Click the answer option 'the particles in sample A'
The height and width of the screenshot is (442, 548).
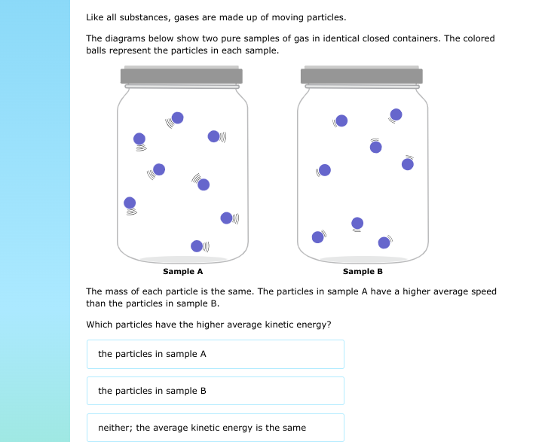pos(215,354)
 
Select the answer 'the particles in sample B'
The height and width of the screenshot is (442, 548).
pos(215,391)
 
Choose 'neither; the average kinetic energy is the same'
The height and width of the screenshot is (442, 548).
pos(215,428)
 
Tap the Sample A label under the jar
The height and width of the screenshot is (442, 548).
pos(183,271)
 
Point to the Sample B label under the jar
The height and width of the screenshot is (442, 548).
pos(363,271)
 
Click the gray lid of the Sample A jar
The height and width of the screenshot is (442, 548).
pos(182,75)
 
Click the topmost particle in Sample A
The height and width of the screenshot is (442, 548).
pos(177,117)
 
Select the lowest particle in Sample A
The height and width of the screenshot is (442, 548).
pos(197,245)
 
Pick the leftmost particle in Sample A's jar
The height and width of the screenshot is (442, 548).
pos(130,203)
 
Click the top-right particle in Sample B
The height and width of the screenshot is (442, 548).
pos(396,114)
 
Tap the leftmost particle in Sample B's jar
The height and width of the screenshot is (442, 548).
pos(317,237)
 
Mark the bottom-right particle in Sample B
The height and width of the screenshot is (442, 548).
pos(384,242)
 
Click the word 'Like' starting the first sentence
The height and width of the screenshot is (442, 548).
pos(94,17)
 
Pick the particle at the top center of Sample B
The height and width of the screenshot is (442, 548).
pos(341,120)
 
